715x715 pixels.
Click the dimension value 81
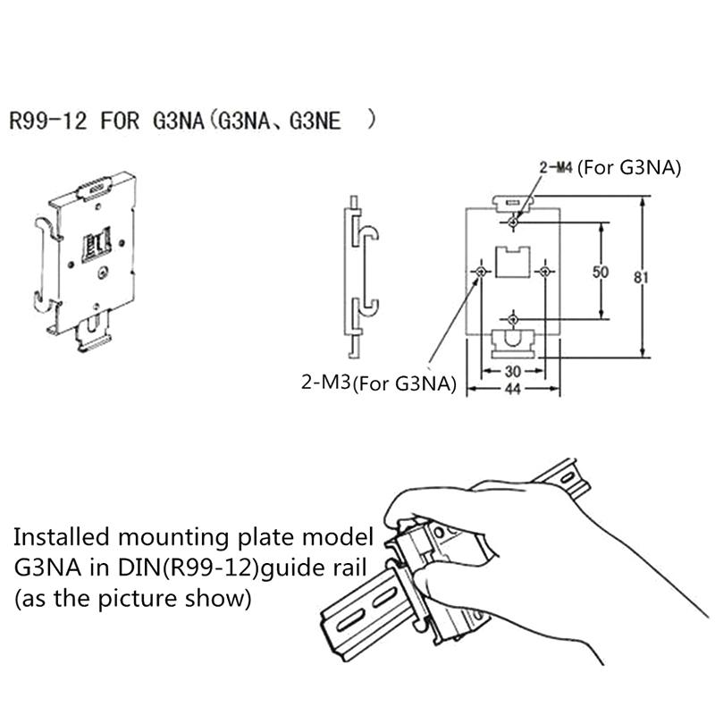pos(640,278)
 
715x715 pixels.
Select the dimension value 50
pos(601,271)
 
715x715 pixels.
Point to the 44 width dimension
pos(513,390)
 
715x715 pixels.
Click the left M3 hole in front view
pos(482,270)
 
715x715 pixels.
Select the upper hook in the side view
pos(368,234)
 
